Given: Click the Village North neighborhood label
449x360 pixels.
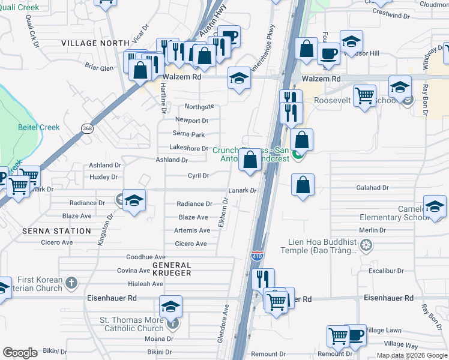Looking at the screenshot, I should pyautogui.click(x=95, y=43).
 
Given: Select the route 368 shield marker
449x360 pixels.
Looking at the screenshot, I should pyautogui.click(x=87, y=127).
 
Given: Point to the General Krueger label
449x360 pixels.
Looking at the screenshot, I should pyautogui.click(x=172, y=269).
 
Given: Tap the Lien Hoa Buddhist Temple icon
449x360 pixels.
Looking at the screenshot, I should pyautogui.click(x=366, y=245).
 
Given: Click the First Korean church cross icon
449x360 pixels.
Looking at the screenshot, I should pyautogui.click(x=71, y=282).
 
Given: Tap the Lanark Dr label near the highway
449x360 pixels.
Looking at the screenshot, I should pyautogui.click(x=243, y=191).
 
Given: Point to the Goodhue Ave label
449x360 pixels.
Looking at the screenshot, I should pyautogui.click(x=145, y=257).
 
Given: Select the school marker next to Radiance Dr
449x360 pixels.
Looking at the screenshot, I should pyautogui.click(x=134, y=200).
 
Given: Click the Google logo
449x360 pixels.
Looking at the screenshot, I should pyautogui.click(x=20, y=353).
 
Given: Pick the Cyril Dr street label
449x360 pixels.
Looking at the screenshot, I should pyautogui.click(x=198, y=176).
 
